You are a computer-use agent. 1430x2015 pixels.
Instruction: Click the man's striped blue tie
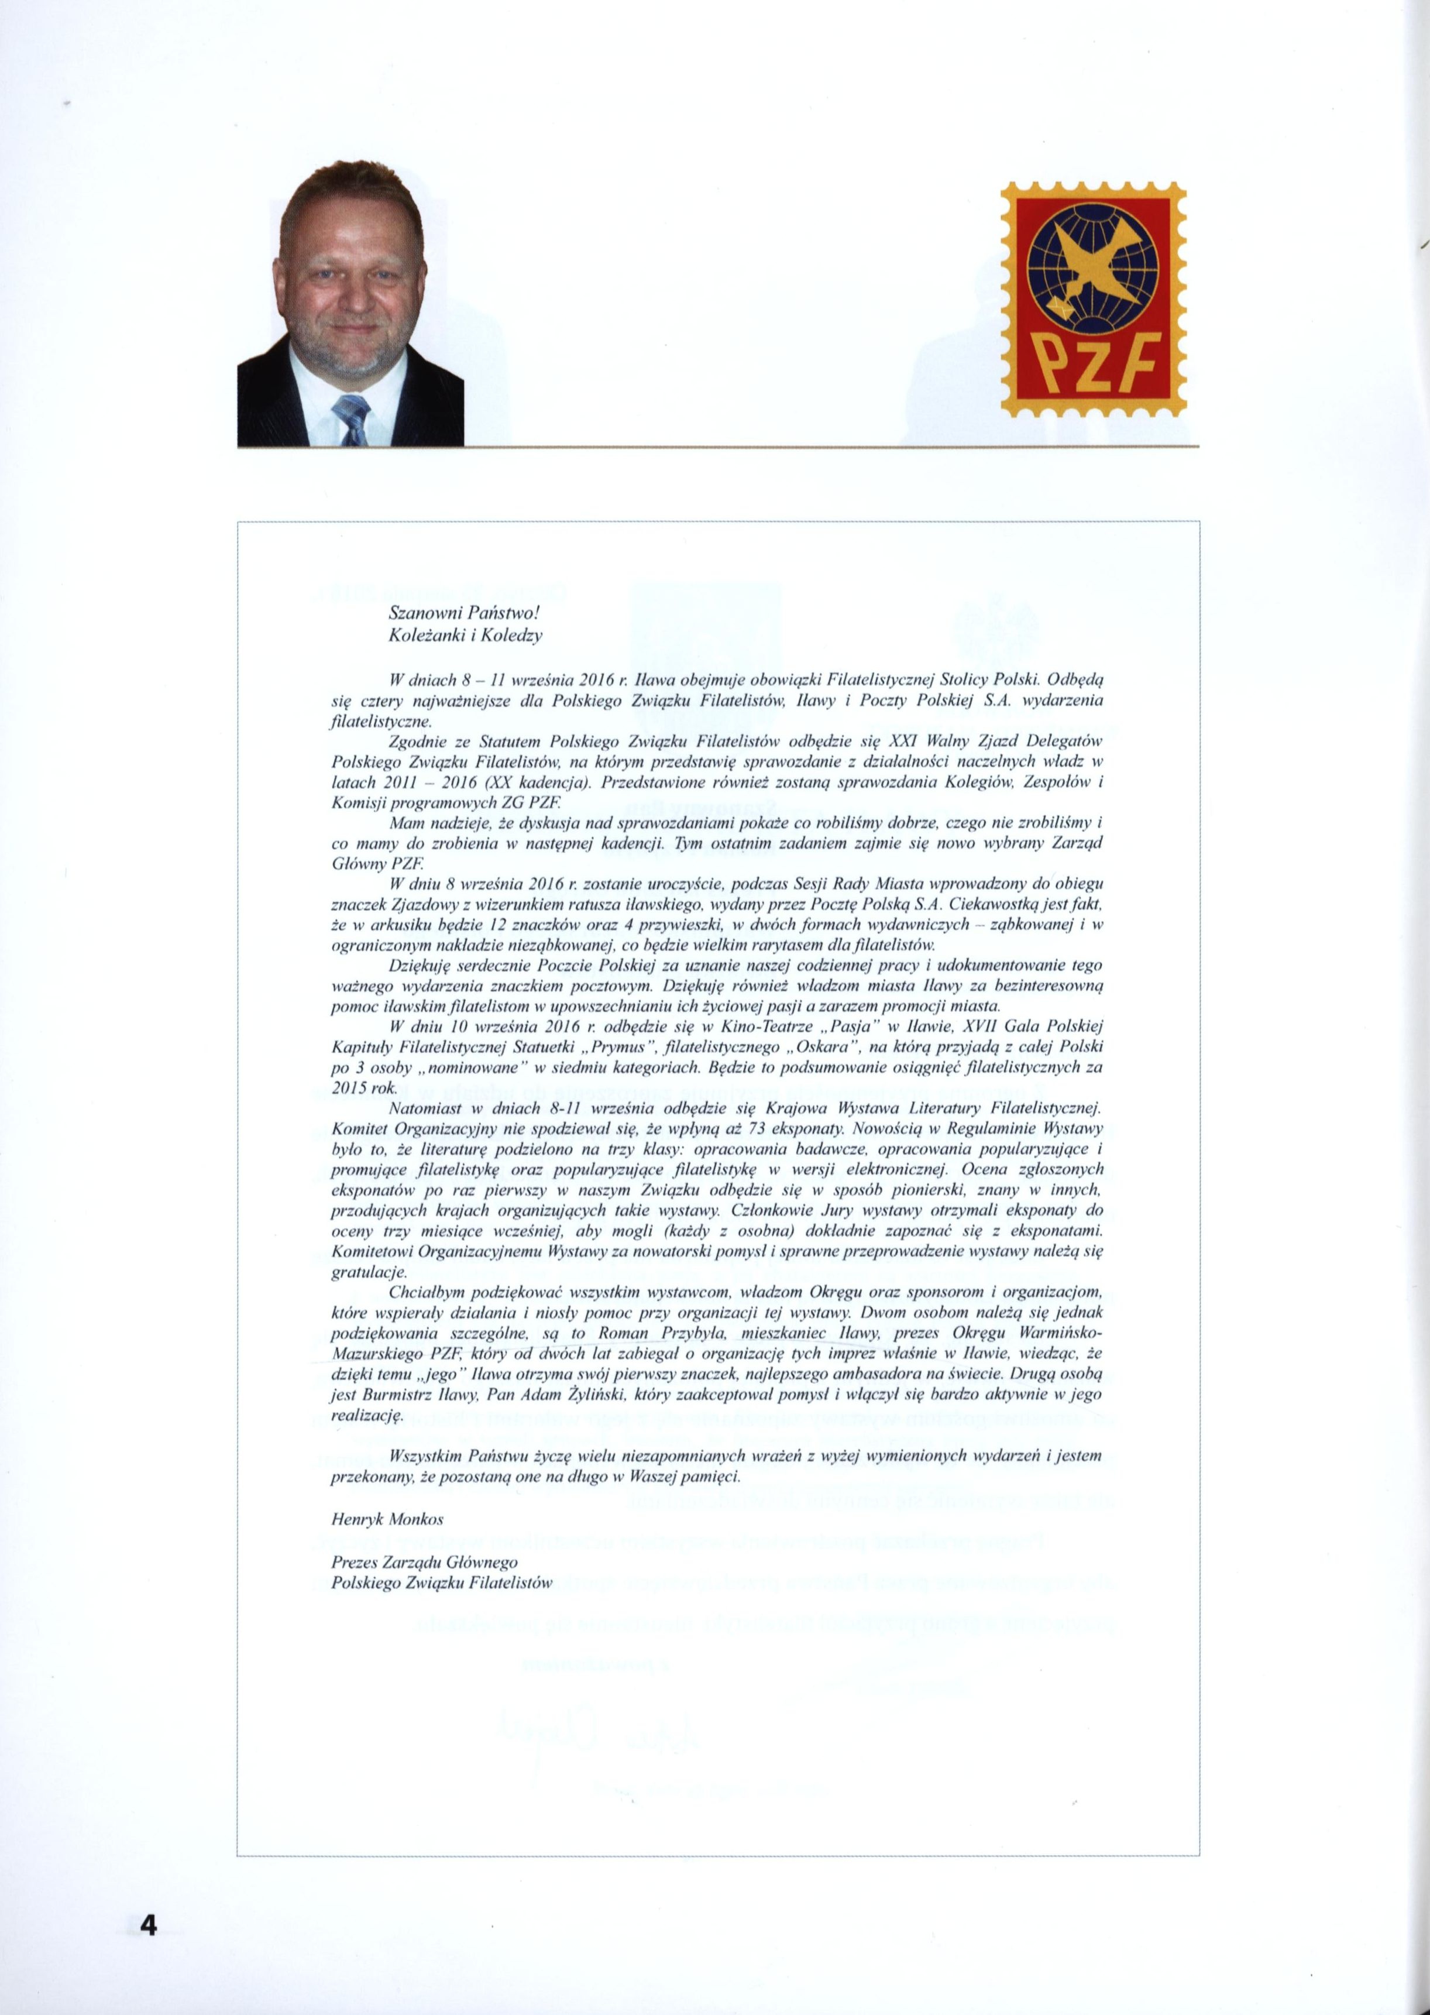(x=350, y=419)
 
